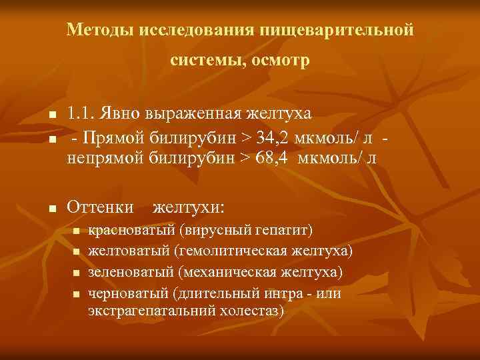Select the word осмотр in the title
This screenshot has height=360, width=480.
tap(281, 61)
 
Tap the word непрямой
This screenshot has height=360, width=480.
tap(103, 158)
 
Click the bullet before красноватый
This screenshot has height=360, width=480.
tap(76, 232)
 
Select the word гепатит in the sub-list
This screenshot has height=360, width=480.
tap(282, 231)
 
